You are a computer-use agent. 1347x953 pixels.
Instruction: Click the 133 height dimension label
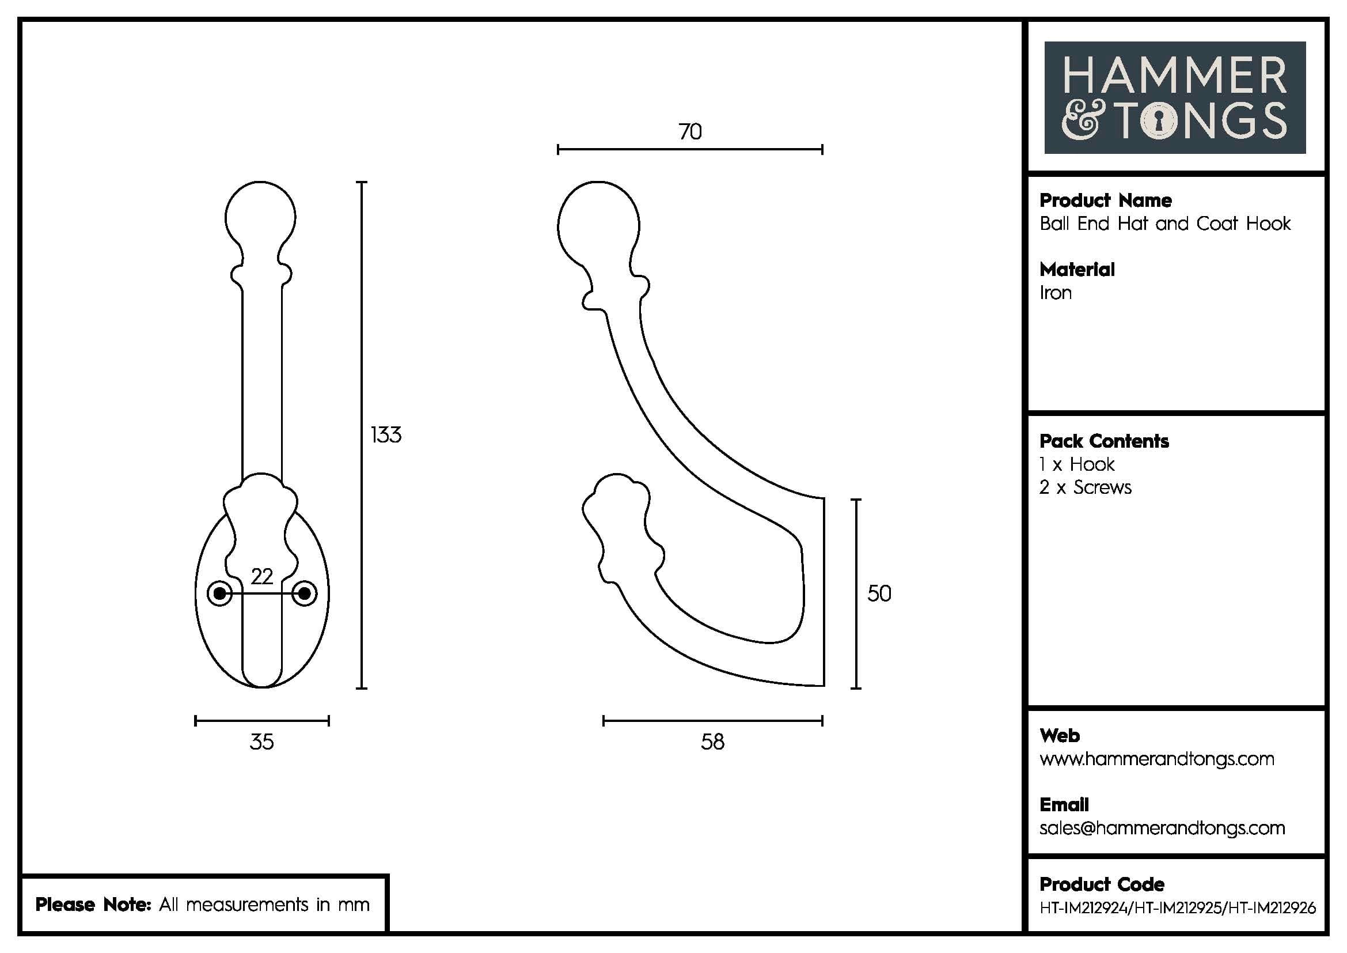coord(386,435)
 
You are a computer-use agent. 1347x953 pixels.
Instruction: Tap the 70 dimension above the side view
coord(690,131)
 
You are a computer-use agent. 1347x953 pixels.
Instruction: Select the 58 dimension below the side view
coord(712,742)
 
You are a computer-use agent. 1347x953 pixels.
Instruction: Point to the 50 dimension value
coord(879,593)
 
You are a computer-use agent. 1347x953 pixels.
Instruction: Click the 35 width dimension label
coord(261,742)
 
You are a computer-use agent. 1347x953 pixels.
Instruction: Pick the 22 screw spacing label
coord(261,576)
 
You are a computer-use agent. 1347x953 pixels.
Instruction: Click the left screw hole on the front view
coord(220,593)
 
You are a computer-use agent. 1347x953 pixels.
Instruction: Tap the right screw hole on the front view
coord(305,593)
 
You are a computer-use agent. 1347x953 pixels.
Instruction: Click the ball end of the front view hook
coord(260,217)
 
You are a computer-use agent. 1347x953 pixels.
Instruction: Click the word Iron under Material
coord(1056,293)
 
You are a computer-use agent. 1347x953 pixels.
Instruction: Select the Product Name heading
coord(1105,201)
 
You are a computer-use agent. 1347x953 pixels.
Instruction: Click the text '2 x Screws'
coord(1085,487)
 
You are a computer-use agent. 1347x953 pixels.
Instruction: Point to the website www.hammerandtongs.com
coord(1156,759)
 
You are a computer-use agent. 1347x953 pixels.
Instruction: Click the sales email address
coord(1162,828)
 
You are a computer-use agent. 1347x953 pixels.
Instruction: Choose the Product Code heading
coord(1101,884)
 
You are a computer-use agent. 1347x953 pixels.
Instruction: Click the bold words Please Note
coord(93,904)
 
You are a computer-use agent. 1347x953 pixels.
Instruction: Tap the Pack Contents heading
coord(1103,441)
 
